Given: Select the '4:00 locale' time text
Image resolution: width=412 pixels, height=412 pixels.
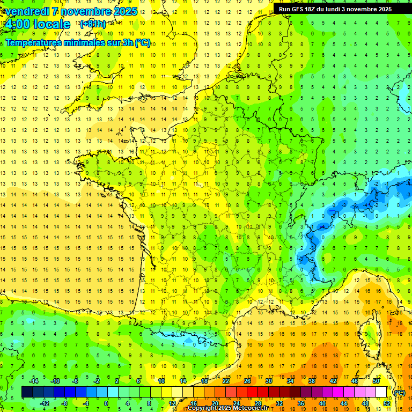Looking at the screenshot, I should [x=37, y=24].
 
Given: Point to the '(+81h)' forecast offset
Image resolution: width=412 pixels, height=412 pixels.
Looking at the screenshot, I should [x=93, y=24].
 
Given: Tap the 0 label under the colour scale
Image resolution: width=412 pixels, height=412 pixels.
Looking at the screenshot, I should [x=106, y=403].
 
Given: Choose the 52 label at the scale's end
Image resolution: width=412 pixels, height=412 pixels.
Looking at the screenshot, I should [x=386, y=403].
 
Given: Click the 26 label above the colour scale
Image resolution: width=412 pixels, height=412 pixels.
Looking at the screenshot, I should [x=247, y=381].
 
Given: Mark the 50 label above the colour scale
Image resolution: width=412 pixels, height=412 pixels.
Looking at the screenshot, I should [x=376, y=381].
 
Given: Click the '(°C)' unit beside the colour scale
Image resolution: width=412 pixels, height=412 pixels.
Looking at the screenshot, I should [x=400, y=392].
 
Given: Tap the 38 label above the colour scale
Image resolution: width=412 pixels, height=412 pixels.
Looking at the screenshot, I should [x=311, y=381].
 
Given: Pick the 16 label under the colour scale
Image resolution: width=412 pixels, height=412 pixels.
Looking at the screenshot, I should [x=194, y=403].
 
